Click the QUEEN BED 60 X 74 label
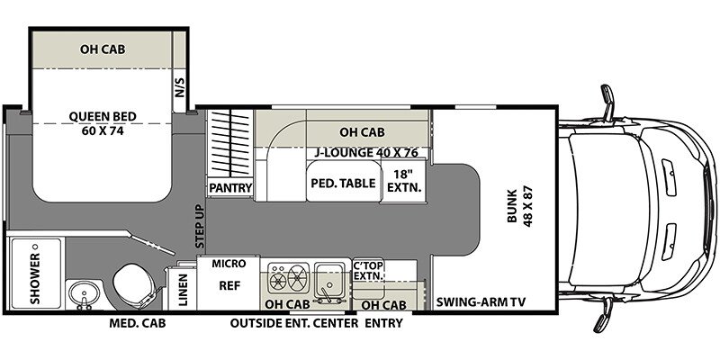coord(103,123)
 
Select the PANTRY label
coord(230,188)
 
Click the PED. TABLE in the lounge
coord(344,184)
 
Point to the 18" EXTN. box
coord(403,182)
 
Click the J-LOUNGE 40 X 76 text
coord(366,153)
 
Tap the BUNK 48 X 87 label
coord(519,207)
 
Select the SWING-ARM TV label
coord(481,302)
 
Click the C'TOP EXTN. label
coord(368,271)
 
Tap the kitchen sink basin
coord(328,276)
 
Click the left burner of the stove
coord(278,281)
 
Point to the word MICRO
coord(229,264)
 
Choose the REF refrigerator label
coord(229,285)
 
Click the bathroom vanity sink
coord(84,293)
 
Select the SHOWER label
coord(35,279)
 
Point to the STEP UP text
coord(200,227)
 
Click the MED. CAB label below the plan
coord(138,323)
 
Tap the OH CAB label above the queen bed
coord(103,49)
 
